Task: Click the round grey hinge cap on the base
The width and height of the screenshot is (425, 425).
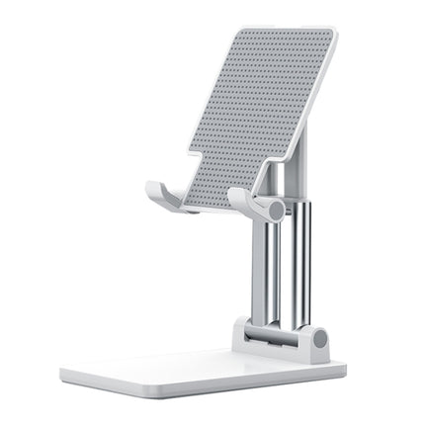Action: tap(319, 339)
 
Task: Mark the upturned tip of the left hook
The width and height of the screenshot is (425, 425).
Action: tap(151, 188)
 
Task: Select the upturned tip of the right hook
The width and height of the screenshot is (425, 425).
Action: tap(235, 194)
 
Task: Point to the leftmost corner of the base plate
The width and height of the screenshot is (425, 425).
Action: tap(61, 374)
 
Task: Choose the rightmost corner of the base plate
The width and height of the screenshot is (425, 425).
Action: tap(345, 367)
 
